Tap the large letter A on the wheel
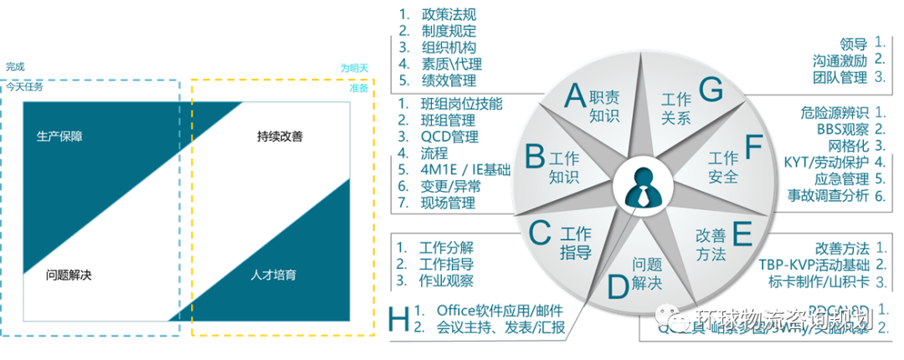pos(574,95)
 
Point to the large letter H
pos(399,318)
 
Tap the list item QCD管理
pos(449,137)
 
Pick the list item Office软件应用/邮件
pos(499,311)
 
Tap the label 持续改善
pos(280,136)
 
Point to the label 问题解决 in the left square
pos(69,275)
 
